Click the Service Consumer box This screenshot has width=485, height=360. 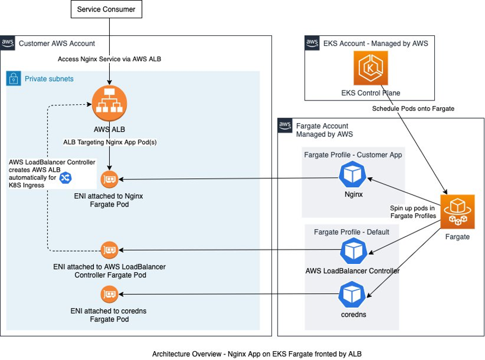coord(106,9)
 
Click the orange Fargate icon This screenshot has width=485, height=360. coord(457,211)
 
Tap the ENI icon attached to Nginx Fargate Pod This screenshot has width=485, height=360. coord(110,179)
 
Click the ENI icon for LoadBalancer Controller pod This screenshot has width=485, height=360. coord(110,250)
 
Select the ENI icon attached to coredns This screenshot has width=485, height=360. coord(109,294)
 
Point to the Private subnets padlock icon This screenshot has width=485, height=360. coord(14,79)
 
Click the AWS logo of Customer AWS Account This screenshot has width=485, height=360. coord(8,44)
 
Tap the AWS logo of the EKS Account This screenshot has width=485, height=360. coord(312,44)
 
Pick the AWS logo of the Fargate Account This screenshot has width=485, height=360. coord(285,125)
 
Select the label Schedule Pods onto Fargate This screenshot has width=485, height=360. coord(413,109)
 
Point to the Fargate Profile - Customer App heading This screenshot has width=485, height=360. coord(353,155)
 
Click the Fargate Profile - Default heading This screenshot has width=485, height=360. coord(351,232)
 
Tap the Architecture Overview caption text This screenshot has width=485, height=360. coord(257,353)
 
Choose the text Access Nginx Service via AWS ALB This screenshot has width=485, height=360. coord(109,59)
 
